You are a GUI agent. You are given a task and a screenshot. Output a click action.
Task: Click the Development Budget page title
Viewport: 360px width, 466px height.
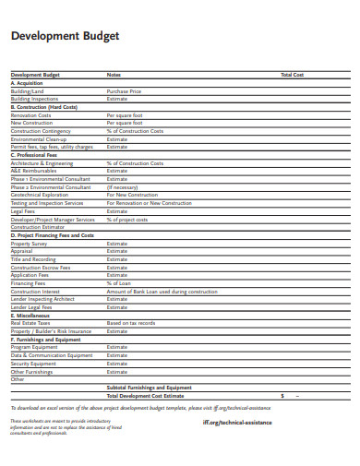64,36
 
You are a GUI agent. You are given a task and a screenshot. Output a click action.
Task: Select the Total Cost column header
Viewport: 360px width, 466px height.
292,74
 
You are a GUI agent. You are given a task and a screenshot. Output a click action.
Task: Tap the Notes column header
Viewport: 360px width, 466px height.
114,74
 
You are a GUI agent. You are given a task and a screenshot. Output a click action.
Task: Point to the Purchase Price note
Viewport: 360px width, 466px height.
124,91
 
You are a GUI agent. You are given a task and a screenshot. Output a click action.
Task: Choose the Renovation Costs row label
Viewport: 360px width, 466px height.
30,114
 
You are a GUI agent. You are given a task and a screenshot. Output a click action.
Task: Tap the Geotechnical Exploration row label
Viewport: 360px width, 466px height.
39,195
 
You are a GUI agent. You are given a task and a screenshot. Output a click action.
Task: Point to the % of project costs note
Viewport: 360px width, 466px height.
127,220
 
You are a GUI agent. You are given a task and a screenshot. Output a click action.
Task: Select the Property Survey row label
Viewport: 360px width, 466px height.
29,243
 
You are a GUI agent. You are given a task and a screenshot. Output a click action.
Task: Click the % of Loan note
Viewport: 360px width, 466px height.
118,282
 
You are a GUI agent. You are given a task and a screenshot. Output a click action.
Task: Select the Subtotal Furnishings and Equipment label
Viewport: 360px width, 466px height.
149,388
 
